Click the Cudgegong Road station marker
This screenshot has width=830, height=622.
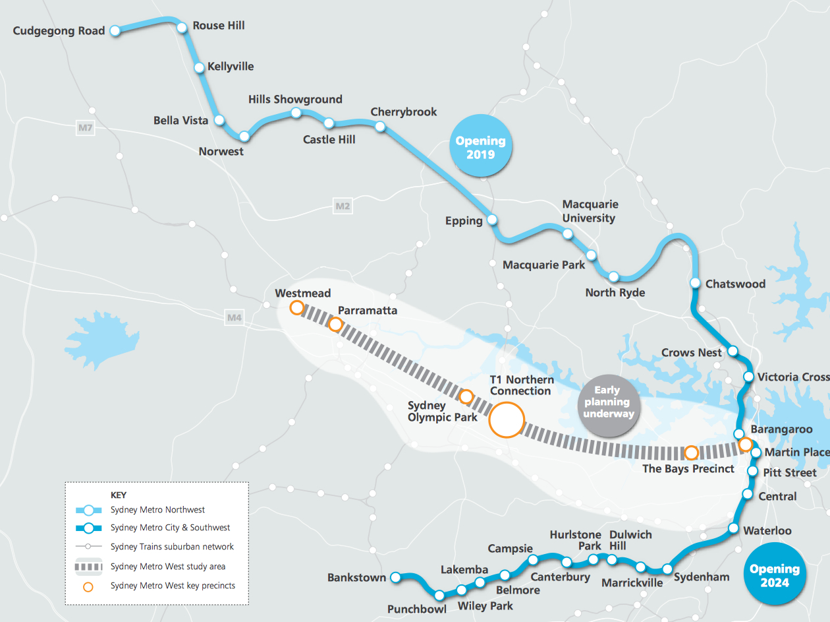pos(115,30)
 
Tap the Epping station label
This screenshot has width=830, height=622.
pos(464,221)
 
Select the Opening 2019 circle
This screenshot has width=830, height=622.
pos(480,146)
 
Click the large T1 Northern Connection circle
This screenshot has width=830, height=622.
pos(506,420)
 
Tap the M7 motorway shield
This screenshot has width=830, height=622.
pos(85,128)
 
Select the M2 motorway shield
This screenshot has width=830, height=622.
pos(343,206)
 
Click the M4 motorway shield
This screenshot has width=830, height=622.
pos(235,318)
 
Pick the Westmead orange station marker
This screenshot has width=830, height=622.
pos(297,307)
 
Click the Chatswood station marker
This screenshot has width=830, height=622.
pos(695,283)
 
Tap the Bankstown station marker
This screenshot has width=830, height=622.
pos(396,577)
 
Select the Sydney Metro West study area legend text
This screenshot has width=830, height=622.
pos(168,567)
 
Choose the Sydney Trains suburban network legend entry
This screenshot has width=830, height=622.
pos(172,547)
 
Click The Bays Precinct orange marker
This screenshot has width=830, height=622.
pos(692,452)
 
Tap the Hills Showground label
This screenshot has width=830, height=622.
pos(295,100)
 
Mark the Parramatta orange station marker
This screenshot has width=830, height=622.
pos(335,325)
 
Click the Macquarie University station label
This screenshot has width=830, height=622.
pos(590,211)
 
